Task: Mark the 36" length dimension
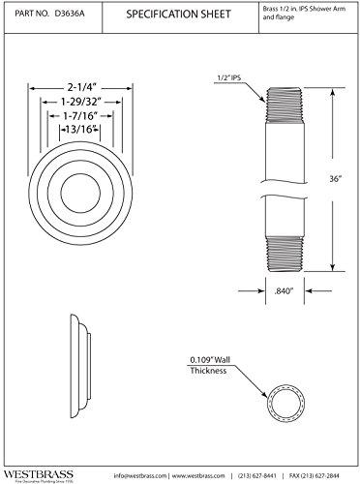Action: point(336,177)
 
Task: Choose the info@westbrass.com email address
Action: point(140,474)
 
